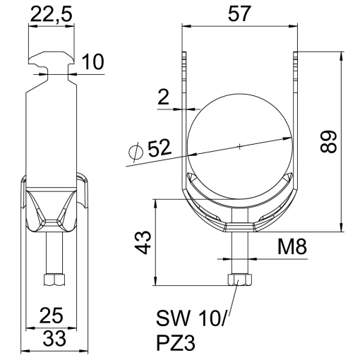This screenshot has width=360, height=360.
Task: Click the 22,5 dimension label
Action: (51, 13)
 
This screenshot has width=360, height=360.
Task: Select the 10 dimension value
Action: (91, 62)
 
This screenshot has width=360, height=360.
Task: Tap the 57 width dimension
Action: (240, 13)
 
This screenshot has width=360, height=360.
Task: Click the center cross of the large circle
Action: (239, 146)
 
